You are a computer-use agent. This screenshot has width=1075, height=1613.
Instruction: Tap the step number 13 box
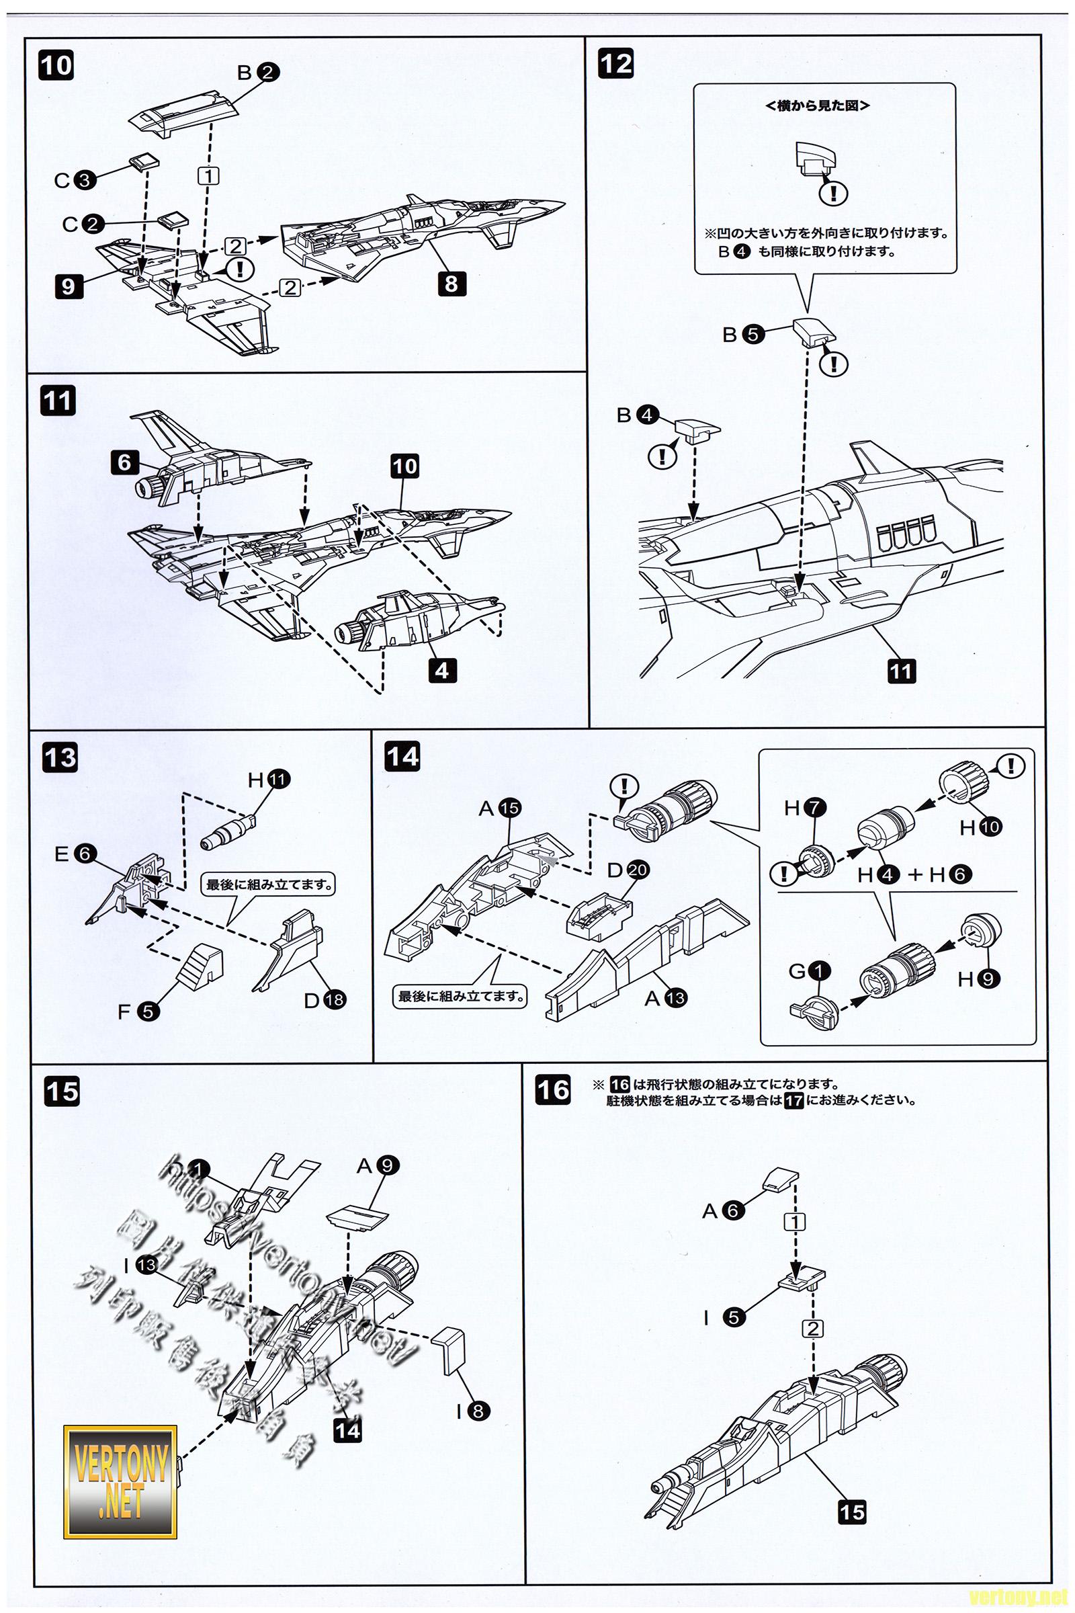[60, 759]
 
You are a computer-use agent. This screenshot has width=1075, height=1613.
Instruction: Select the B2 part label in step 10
[259, 72]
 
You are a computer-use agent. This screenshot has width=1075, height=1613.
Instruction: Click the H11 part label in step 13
[269, 780]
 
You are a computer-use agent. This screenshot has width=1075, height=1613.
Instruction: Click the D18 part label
[325, 1001]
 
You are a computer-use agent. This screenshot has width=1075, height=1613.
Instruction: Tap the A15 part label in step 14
[500, 809]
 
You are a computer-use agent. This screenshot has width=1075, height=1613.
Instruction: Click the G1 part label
[810, 971]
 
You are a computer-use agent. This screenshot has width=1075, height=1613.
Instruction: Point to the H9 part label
[977, 979]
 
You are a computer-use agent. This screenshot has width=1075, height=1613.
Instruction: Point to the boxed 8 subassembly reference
[451, 283]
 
